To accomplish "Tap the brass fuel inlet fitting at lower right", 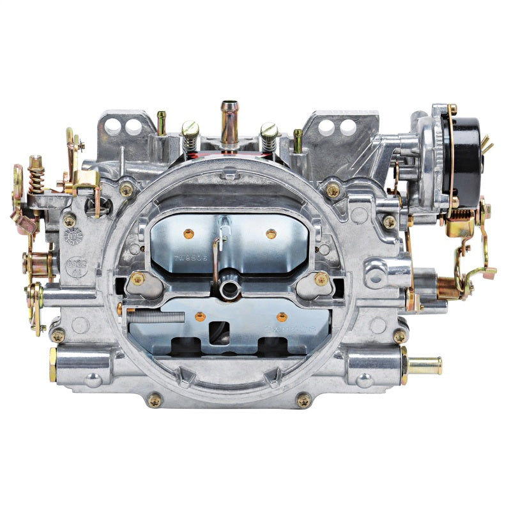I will click(424, 365).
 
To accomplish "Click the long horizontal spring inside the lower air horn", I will click(156, 315).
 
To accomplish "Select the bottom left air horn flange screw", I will click(155, 400).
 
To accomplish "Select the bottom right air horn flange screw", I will click(304, 400).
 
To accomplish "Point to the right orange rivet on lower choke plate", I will click(281, 316).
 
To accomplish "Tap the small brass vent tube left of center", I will click(162, 122).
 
